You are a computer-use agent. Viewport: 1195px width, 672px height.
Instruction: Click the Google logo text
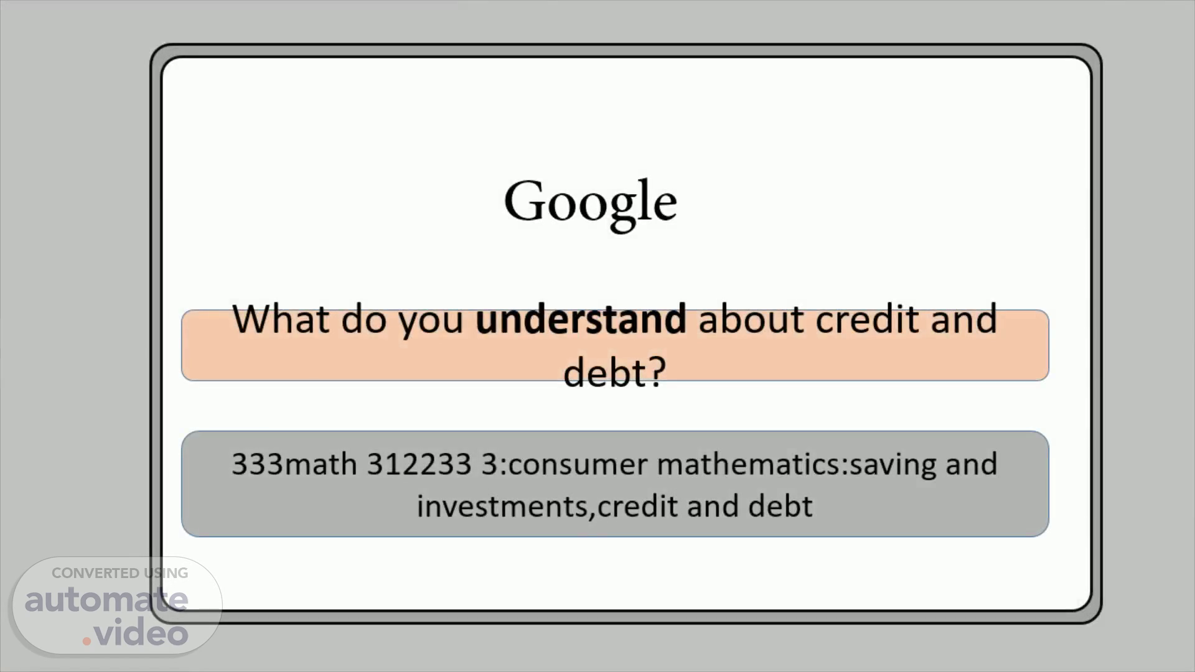click(x=590, y=203)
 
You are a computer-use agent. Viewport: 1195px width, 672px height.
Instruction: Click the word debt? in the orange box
click(x=614, y=372)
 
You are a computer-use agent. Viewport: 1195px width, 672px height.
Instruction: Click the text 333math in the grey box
click(x=294, y=464)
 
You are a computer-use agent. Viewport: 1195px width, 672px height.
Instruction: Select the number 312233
click(x=419, y=464)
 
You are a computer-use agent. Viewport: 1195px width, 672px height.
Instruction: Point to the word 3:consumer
click(x=565, y=465)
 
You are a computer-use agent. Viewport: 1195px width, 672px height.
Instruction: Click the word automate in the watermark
click(x=106, y=599)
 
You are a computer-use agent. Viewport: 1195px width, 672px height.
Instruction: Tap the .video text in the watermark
click(x=135, y=633)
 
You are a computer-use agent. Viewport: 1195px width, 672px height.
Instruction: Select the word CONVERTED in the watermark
click(x=95, y=573)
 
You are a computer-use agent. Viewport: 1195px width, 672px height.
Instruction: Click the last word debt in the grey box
click(x=780, y=506)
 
